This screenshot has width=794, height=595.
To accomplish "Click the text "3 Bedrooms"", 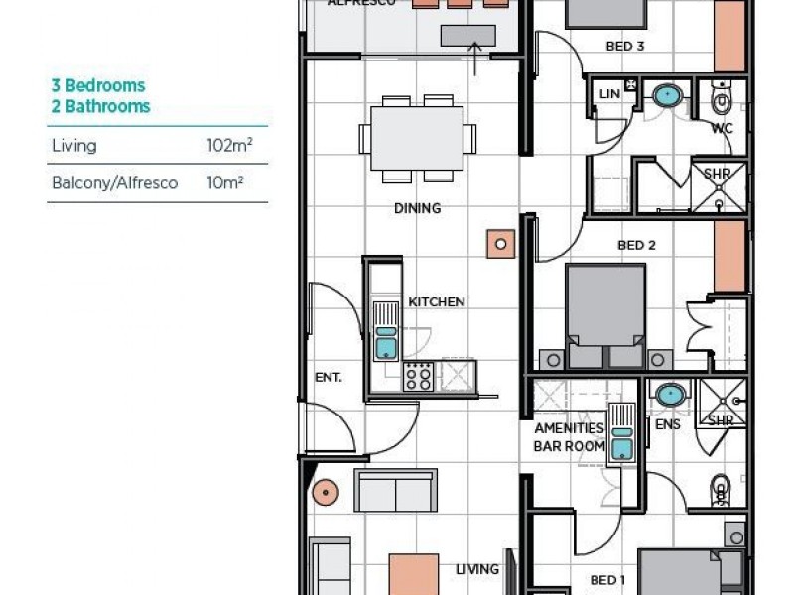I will pos(98,86).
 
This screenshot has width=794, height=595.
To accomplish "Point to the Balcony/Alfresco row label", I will pos(114,183).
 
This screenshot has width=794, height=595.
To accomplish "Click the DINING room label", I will pos(417,208).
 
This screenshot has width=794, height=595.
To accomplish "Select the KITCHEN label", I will pos(437,301).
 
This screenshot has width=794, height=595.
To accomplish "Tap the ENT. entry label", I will pos(328,377).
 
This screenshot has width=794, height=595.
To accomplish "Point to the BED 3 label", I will pos(626,46).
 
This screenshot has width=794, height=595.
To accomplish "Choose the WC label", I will pos(722,128).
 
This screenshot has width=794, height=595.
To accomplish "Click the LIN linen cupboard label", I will pos(609,94).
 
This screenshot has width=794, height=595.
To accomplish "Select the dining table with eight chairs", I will pos(417,139).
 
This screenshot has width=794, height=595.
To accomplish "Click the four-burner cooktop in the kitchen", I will pos(418,376).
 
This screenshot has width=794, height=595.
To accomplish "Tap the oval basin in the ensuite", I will pos(671,395).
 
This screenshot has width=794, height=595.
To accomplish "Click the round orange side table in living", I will pos(324,491).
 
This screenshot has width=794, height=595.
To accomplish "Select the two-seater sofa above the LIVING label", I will pos(395,491).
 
